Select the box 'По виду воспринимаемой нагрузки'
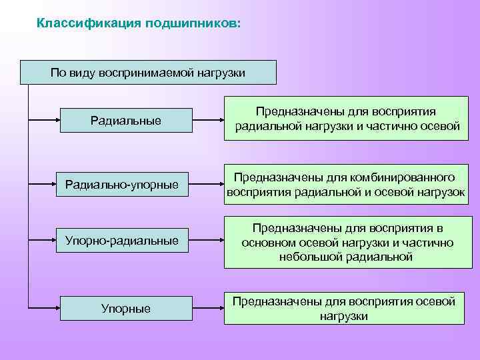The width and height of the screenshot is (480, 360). [x=148, y=72]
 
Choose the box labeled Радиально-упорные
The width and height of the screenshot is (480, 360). [x=122, y=184]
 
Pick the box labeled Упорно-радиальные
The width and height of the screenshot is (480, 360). [x=122, y=240]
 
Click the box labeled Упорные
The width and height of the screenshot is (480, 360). [x=126, y=309]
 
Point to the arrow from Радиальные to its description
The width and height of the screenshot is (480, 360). [x=208, y=121]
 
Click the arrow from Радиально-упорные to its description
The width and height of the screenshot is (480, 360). [x=208, y=184]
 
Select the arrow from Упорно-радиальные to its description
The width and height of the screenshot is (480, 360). [x=208, y=240]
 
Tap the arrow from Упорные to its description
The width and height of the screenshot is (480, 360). [x=208, y=308]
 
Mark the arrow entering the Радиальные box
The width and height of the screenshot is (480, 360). [x=44, y=121]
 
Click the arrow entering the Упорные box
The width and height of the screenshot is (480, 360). [x=44, y=308]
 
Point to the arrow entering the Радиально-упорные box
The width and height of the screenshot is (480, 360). [x=44, y=184]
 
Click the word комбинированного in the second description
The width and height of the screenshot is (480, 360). [x=407, y=177]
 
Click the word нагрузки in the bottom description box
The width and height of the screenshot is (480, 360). [x=343, y=316]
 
